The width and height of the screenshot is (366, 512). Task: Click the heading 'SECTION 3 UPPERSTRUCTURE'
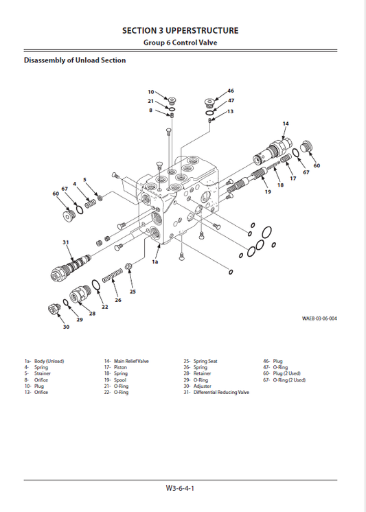[180, 31]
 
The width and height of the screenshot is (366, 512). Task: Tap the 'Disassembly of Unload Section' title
[75, 60]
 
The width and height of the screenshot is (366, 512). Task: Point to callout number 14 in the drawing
[286, 123]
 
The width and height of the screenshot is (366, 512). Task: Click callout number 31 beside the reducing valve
[66, 242]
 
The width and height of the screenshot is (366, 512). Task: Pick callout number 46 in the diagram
[230, 91]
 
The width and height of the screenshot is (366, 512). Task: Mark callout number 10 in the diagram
[151, 92]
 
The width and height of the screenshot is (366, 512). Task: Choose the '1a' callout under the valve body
[155, 262]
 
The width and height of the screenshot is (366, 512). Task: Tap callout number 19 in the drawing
[267, 191]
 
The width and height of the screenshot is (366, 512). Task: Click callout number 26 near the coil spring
[118, 300]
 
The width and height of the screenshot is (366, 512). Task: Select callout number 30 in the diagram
[66, 327]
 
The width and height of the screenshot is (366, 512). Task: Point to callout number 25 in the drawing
[133, 292]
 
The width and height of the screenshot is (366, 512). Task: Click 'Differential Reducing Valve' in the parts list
[221, 393]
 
